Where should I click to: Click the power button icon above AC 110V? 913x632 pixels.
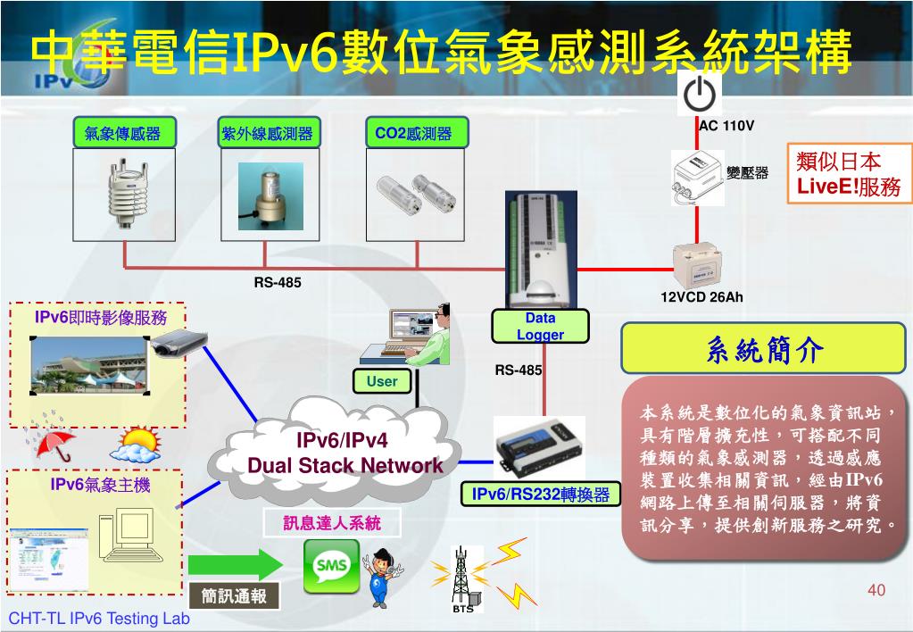pos(701,92)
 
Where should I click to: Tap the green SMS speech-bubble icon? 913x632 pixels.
pos(331,567)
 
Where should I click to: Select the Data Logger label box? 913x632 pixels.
pos(540,327)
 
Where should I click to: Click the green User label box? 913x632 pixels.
pos(382,381)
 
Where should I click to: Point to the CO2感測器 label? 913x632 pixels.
pos(413,134)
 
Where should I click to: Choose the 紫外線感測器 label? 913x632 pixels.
pos(268,134)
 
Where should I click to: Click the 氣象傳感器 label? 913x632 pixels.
pos(123,134)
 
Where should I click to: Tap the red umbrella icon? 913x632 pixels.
pos(55,444)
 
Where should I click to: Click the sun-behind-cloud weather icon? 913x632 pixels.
pos(137,444)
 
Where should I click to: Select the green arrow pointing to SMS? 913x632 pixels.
pos(236,565)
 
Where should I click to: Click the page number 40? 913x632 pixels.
pos(876,590)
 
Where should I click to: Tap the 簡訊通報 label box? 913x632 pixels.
pos(235,596)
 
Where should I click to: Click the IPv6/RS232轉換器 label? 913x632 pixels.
pos(541,495)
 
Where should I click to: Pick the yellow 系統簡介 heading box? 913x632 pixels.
pos(764,348)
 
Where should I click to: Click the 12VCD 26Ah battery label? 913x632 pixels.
pos(701,296)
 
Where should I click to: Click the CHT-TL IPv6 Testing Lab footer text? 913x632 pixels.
pos(99,619)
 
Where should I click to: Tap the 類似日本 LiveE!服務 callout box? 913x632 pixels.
pos(850,174)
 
